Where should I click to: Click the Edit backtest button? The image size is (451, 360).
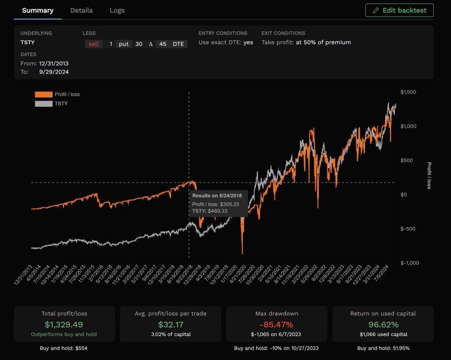coord(399,10)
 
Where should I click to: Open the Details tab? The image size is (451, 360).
coord(81,10)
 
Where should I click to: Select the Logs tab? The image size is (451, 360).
coord(117,10)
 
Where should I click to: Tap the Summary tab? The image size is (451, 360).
coord(37,10)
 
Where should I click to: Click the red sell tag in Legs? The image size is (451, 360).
coord(93,44)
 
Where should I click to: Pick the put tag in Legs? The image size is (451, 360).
coord(124,44)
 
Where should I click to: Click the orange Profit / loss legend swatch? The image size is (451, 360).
coord(44,95)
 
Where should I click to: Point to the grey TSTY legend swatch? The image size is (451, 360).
coord(44,104)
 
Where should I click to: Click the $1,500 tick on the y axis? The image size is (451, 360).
coord(408,92)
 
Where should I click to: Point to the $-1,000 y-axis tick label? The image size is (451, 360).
coord(410,263)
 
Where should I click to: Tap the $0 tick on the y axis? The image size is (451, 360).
coord(404,195)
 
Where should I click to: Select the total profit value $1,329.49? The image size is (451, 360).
coord(64,324)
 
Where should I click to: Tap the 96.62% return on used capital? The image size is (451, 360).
coord(382,324)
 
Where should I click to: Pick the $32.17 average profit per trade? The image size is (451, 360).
coord(170,324)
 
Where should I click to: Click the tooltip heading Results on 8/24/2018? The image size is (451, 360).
coord(217,196)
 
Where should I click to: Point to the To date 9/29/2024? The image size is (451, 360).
coord(54,72)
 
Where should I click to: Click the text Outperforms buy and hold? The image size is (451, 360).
coord(64,335)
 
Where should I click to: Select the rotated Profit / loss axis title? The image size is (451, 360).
coord(429,175)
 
